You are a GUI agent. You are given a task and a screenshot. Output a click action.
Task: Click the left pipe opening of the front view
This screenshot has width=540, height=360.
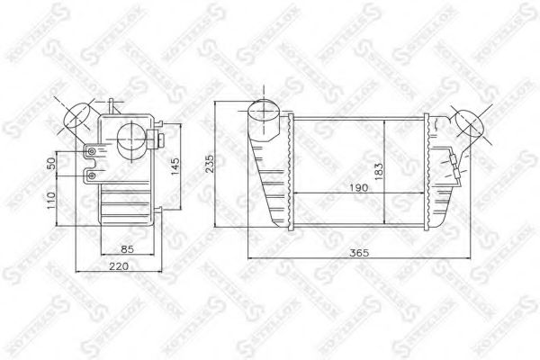pos(264,112)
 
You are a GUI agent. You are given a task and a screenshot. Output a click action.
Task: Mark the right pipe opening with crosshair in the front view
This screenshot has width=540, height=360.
pos(468,123)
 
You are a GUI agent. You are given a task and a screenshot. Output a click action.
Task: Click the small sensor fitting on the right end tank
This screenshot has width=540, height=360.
pos(453,162)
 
